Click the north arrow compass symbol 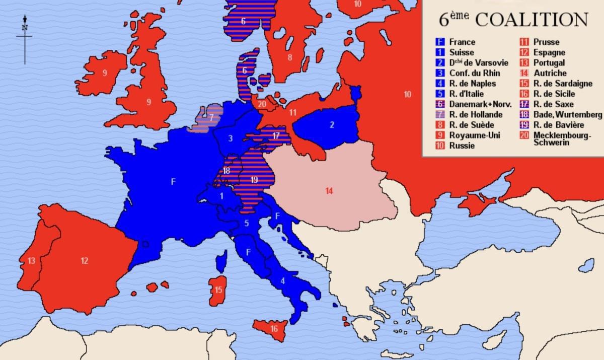(24, 38)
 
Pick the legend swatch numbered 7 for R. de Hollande (440, 114)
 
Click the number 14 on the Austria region (329, 191)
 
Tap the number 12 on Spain (84, 261)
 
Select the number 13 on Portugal (31, 260)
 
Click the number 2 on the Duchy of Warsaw (332, 125)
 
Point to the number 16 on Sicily (274, 329)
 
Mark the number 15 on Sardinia (218, 290)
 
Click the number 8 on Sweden (290, 57)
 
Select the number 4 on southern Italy (282, 281)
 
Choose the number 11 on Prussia (292, 113)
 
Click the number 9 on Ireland (105, 73)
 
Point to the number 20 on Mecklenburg (261, 104)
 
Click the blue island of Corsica (220, 262)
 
